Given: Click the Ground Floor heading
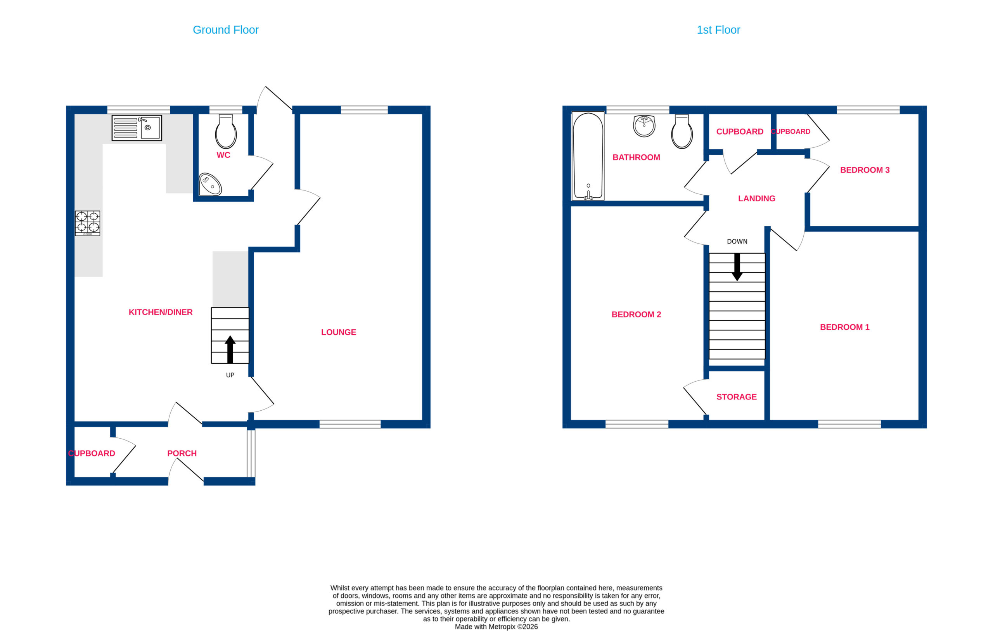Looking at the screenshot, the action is (226, 30).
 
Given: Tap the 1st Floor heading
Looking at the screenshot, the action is (718, 30).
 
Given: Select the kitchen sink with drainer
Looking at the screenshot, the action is (137, 128).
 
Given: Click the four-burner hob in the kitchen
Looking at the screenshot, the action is (87, 223).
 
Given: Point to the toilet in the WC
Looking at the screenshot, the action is (226, 131).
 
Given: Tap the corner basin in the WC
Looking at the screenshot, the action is (210, 185).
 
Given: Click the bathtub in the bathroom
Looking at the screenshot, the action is (588, 156).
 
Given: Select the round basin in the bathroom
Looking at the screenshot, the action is (644, 126).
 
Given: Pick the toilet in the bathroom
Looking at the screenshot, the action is (682, 131).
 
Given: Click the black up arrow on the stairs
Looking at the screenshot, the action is (230, 349).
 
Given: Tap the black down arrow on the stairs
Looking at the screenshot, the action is (737, 267).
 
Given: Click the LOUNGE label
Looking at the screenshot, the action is (339, 332).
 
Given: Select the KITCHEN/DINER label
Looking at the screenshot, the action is (161, 312).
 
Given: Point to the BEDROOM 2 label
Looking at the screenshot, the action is (636, 314).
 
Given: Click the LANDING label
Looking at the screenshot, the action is (757, 198).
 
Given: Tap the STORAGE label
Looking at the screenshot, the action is (737, 397).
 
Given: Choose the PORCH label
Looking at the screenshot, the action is (182, 453).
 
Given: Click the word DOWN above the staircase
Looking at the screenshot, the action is (737, 241).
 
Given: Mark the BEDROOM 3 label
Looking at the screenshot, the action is (865, 170).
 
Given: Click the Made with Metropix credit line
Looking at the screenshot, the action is (496, 626).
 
